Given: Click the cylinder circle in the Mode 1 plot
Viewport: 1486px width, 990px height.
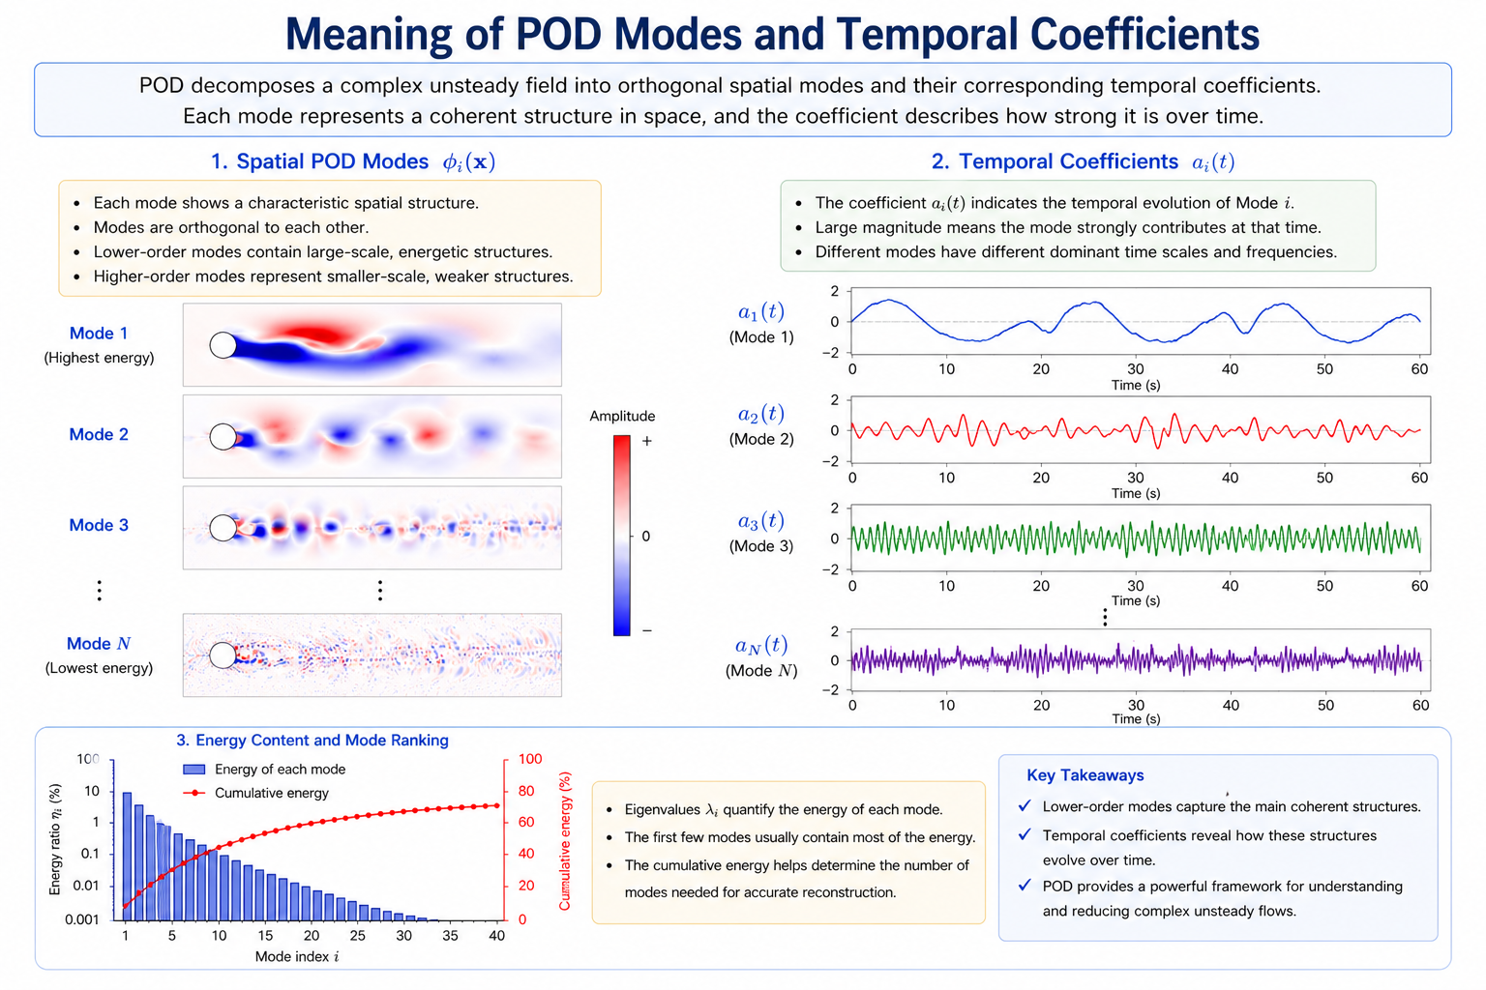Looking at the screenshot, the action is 223,345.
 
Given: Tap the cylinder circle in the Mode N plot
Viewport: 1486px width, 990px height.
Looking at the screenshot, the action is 223,655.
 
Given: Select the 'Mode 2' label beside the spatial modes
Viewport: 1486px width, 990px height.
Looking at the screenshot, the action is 99,434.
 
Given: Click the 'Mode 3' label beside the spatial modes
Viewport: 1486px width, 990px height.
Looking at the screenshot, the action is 99,525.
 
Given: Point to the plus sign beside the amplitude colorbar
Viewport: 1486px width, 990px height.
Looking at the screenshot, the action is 647,441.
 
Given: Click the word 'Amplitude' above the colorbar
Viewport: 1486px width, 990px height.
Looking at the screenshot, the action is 622,417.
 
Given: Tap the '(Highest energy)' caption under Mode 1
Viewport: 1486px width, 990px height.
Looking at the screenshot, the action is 99,358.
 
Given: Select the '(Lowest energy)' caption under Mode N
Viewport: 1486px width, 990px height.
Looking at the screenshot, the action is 99,668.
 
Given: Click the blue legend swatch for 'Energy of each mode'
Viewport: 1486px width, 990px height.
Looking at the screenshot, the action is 193,770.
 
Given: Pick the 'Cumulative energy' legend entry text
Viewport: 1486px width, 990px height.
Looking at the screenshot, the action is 271,793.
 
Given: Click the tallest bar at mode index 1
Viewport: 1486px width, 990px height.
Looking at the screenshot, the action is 127,856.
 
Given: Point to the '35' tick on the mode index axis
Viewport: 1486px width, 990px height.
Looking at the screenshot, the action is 451,936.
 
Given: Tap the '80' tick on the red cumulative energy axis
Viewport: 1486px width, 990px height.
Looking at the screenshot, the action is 526,791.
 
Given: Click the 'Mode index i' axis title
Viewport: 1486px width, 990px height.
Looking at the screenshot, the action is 297,956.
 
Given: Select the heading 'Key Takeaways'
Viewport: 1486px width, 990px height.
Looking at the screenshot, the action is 1085,775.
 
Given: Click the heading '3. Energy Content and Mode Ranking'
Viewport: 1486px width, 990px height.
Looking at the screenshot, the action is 312,740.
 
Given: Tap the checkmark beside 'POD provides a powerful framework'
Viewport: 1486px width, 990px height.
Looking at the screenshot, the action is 1025,886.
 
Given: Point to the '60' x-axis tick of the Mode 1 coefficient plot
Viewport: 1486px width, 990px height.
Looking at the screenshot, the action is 1419,369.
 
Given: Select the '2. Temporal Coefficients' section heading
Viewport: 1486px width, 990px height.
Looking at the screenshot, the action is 1055,161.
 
